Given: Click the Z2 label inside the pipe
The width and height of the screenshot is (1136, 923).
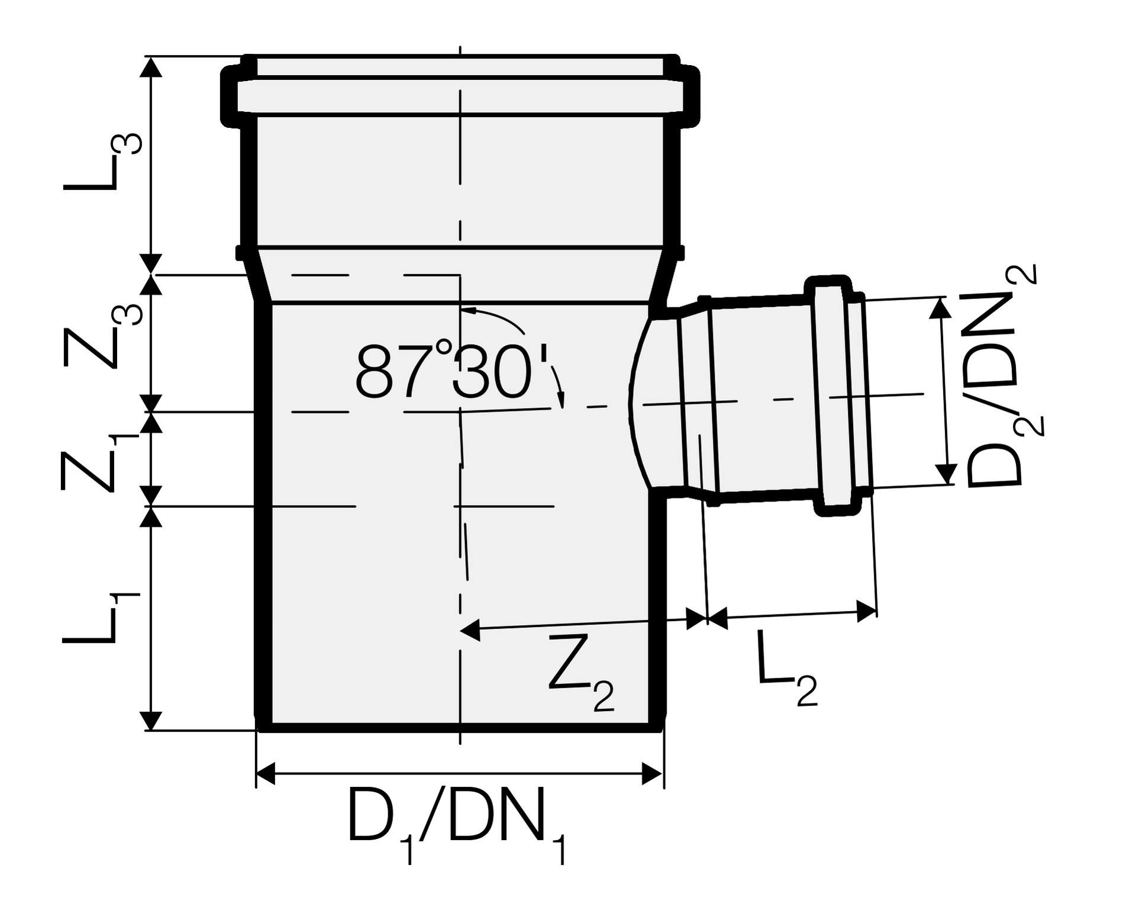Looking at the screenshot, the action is pyautogui.click(x=582, y=672).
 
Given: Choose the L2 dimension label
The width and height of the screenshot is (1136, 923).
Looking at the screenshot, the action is pyautogui.click(x=788, y=668).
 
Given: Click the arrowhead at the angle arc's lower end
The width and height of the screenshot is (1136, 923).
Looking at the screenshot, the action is pyautogui.click(x=561, y=400).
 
